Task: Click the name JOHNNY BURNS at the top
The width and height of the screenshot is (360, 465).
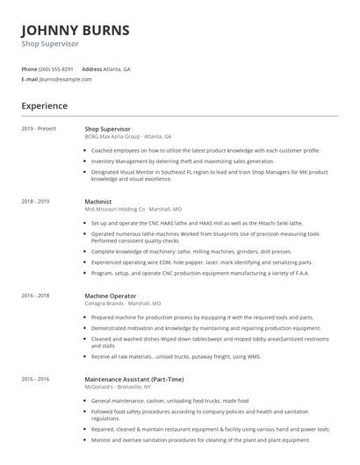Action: click(x=76, y=30)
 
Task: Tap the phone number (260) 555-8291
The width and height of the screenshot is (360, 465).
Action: click(x=56, y=68)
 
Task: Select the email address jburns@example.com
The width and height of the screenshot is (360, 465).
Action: click(x=65, y=79)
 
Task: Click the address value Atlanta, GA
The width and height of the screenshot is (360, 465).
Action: click(x=117, y=68)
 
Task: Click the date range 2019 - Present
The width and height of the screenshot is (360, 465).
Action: click(x=39, y=129)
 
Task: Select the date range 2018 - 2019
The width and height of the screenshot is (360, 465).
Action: click(x=35, y=201)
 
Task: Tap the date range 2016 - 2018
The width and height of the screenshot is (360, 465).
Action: click(x=35, y=297)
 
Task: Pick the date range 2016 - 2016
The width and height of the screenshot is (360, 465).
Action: click(x=35, y=379)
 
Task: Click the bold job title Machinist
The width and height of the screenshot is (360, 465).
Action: click(x=98, y=201)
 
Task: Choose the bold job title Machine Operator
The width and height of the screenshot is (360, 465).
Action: click(x=111, y=297)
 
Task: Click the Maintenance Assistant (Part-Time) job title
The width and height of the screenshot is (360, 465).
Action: click(x=134, y=379)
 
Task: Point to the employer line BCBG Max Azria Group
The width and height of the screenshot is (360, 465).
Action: click(x=128, y=137)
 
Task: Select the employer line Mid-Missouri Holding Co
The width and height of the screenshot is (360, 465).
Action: click(x=133, y=210)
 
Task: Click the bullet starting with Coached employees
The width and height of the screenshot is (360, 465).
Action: click(x=205, y=151)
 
